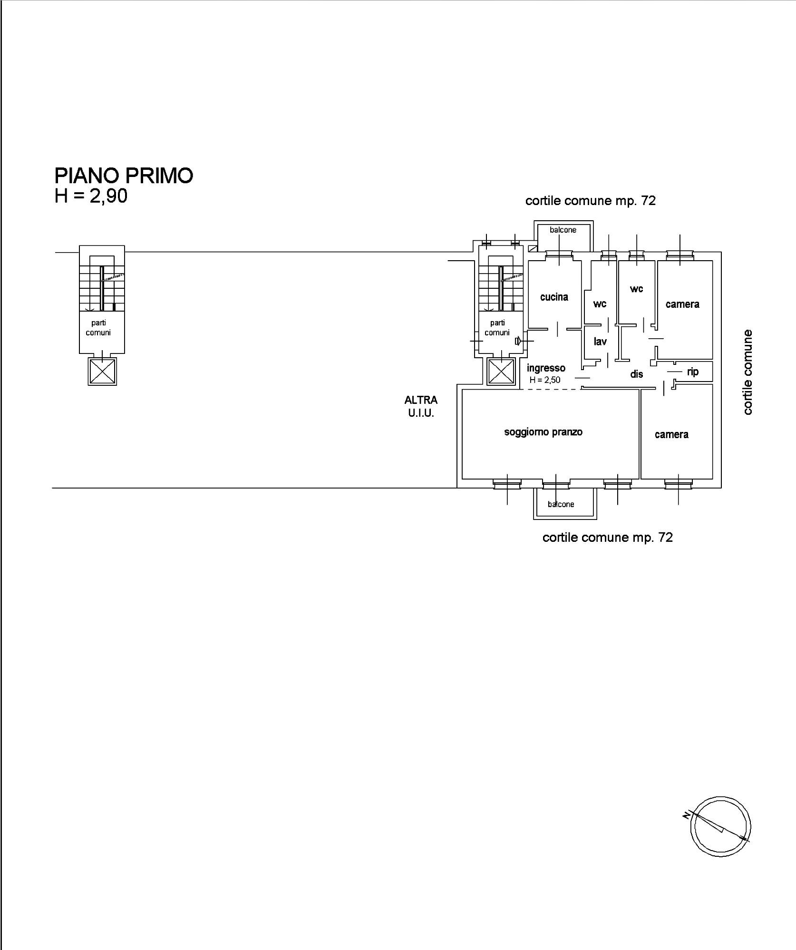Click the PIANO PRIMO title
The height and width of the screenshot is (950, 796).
coord(124,176)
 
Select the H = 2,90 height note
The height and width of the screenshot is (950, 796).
coord(91,196)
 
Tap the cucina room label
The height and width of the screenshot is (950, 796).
coord(554,297)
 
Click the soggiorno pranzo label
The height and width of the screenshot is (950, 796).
coord(543,432)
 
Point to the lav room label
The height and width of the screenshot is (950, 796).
coord(600,341)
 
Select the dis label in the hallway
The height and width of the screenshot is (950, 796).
coord(637,374)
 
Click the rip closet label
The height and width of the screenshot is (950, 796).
coord(693,372)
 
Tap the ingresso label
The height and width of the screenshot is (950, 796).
coord(546,368)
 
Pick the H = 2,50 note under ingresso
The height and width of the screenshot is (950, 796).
coord(545,380)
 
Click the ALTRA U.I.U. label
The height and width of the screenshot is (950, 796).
coord(421,407)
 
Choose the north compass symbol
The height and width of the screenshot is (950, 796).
coord(720,826)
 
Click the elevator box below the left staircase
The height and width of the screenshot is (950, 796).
coord(102,372)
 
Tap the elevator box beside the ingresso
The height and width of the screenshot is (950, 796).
coord(501,371)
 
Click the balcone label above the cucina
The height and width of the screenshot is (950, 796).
coord(563,230)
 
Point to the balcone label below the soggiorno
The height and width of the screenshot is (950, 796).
coord(561,504)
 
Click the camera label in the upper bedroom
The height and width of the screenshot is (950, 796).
coord(682,304)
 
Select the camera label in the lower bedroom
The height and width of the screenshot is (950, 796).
coord(671,434)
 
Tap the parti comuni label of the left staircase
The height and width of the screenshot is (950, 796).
coord(98,328)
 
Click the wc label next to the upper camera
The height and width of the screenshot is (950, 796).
coord(637,289)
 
